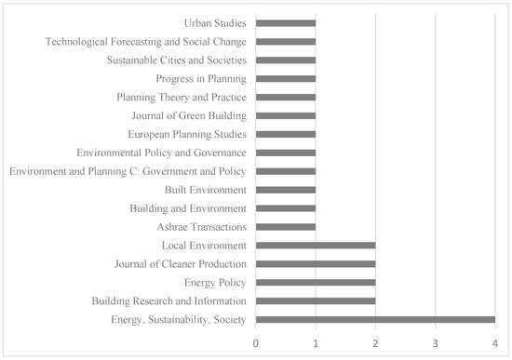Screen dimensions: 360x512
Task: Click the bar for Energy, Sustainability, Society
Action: pyautogui.click(x=375, y=319)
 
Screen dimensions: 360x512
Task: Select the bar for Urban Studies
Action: pyautogui.click(x=286, y=23)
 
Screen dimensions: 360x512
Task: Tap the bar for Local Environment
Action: pyautogui.click(x=316, y=246)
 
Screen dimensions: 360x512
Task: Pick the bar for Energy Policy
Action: pyautogui.click(x=316, y=283)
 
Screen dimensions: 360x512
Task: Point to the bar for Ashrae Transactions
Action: pyautogui.click(x=286, y=227)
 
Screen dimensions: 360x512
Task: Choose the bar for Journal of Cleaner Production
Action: pyautogui.click(x=316, y=264)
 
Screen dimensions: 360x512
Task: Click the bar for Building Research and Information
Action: pyautogui.click(x=316, y=301)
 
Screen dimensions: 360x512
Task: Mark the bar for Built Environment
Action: pyautogui.click(x=286, y=190)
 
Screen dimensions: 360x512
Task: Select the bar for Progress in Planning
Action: pyautogui.click(x=286, y=79)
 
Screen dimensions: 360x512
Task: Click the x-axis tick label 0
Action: pyautogui.click(x=256, y=343)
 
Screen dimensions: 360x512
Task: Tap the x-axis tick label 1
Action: pyautogui.click(x=316, y=343)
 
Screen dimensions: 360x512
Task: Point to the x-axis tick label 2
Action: pyautogui.click(x=375, y=343)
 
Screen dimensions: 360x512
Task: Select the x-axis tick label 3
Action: pyautogui.click(x=436, y=343)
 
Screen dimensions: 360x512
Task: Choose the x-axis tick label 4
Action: pyautogui.click(x=495, y=343)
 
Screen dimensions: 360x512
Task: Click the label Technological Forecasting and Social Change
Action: pyautogui.click(x=145, y=42)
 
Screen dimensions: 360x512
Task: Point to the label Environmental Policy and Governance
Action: pyautogui.click(x=161, y=153)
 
